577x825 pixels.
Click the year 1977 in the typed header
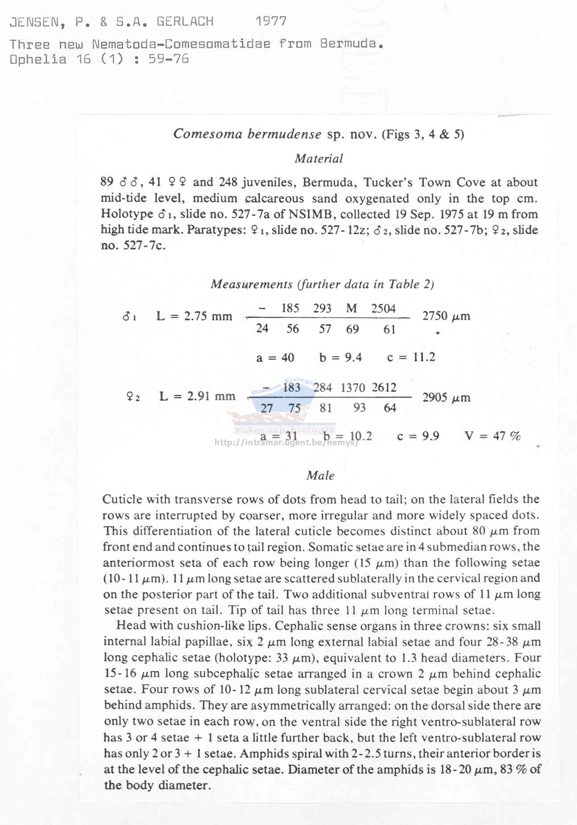tap(271, 21)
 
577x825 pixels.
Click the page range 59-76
tap(169, 59)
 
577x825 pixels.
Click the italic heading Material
tap(319, 158)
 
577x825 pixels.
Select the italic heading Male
tap(320, 475)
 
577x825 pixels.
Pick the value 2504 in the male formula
tap(383, 308)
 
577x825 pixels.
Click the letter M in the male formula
tap(352, 308)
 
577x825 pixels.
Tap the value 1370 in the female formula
tap(353, 388)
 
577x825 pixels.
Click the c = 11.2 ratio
tap(411, 357)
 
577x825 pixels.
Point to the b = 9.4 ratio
tap(340, 357)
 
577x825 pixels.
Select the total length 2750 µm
tap(446, 316)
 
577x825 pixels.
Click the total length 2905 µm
tap(446, 397)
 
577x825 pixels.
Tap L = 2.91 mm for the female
tap(197, 396)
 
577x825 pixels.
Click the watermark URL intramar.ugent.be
tap(286, 443)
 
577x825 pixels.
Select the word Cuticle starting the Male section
tap(122, 499)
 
